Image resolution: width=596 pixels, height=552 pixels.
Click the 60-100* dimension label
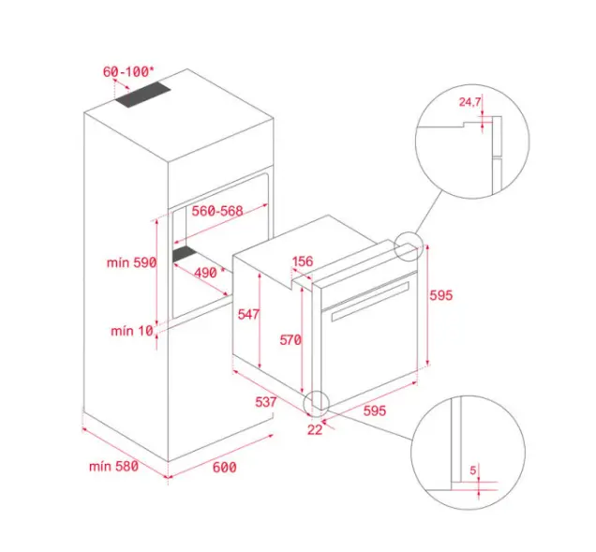click(128, 71)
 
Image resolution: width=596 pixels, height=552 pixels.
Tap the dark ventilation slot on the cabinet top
click(143, 95)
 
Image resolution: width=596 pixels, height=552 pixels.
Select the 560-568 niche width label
click(217, 211)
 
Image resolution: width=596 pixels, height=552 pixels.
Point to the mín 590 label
click(131, 262)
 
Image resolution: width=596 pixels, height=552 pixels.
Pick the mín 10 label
click(132, 331)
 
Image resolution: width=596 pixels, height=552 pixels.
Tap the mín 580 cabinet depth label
click(113, 466)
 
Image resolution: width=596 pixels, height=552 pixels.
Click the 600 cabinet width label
click(224, 468)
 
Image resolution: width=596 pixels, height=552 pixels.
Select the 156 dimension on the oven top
click(303, 261)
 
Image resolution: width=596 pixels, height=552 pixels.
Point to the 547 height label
click(248, 314)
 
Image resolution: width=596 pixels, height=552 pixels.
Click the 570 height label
click(291, 340)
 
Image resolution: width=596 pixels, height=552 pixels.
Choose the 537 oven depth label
click(266, 402)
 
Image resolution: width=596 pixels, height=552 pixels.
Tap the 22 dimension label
click(315, 430)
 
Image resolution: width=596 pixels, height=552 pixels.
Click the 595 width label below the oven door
click(375, 410)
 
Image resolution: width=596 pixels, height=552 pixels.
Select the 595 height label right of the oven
click(441, 295)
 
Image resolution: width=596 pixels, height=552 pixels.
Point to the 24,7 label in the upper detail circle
click(469, 102)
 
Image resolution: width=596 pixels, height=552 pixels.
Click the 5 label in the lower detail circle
click(473, 470)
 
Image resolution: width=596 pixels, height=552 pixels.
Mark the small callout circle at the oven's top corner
click(409, 246)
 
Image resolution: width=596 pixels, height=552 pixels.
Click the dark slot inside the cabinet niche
click(185, 254)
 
